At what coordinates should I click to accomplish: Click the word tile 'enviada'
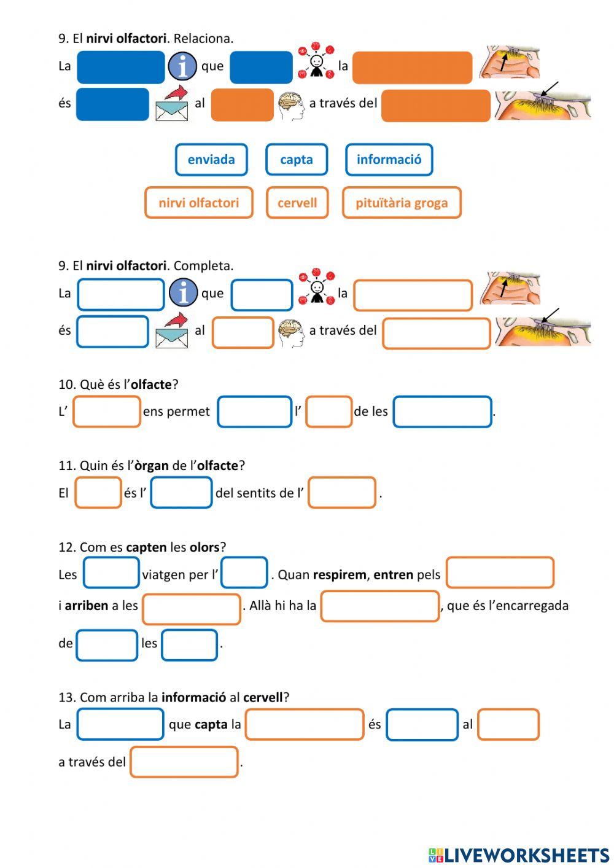pos(211,160)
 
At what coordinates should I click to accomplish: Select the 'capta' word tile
pos(297,160)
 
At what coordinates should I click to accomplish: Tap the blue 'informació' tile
pos(389,160)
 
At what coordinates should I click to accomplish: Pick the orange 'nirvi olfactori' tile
pos(198,203)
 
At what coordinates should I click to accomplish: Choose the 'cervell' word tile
pos(297,203)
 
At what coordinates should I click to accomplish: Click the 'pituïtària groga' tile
pos(402,203)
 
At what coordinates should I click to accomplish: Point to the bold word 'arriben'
pos(87,606)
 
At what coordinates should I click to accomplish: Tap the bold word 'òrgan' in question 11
pos(152,466)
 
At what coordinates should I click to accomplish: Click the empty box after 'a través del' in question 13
pos(184,762)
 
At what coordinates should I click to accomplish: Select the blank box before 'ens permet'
pos(107,412)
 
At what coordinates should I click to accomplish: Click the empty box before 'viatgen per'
pos(111,573)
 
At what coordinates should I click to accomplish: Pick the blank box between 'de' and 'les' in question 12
pos(107,645)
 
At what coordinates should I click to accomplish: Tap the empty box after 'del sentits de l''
pos(341,493)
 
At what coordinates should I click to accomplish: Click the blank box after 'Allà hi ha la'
pos(379,606)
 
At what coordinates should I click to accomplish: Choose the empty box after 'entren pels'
pos(500,573)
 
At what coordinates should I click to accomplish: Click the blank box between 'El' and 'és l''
pos(98,493)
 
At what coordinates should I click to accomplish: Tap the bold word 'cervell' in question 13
pos(263,697)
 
